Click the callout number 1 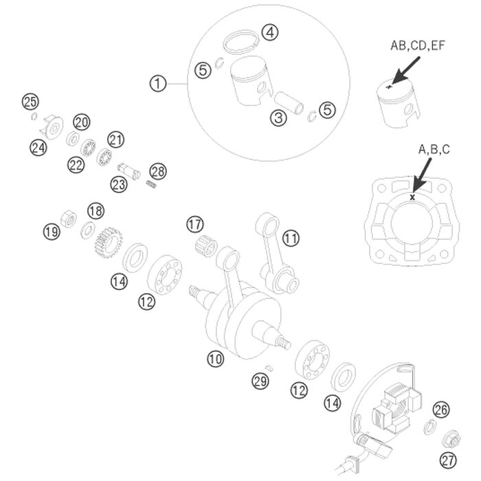158,84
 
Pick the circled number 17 195,224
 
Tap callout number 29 260,380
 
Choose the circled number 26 441,410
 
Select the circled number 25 30,102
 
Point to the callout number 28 159,170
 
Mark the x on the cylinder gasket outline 412,197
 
